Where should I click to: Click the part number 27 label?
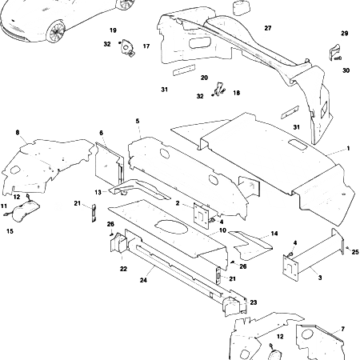(267, 28)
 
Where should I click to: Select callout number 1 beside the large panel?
(348, 150)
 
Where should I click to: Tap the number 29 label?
(345, 34)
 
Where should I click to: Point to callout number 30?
(346, 70)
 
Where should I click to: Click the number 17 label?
(146, 46)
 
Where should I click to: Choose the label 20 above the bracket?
(204, 78)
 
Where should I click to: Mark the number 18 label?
(236, 93)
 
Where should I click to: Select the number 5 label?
(138, 121)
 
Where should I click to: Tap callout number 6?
(102, 133)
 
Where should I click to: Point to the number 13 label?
(98, 192)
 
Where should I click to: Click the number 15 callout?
(10, 231)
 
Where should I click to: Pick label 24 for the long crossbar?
(144, 281)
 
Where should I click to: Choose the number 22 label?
(123, 269)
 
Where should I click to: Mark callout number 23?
(253, 302)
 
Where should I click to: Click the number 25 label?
(354, 252)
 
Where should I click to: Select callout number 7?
(342, 330)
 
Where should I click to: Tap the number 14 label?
(274, 233)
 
